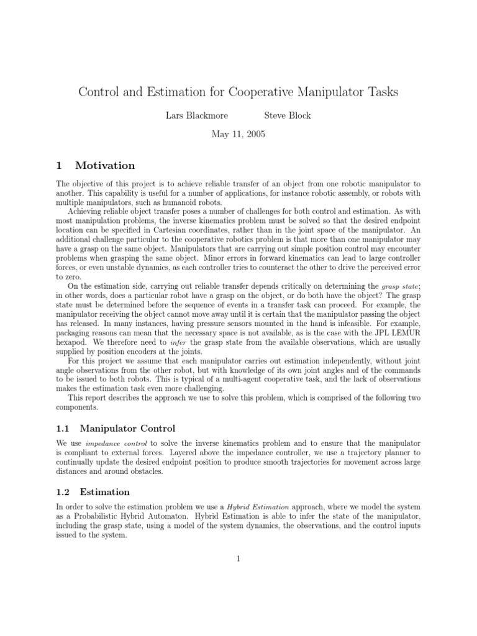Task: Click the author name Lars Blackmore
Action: (184, 116)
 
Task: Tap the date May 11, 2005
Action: (238, 134)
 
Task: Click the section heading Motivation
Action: (105, 165)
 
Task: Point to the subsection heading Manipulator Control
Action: (129, 429)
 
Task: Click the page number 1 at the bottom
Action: (238, 558)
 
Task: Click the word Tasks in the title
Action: (380, 92)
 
